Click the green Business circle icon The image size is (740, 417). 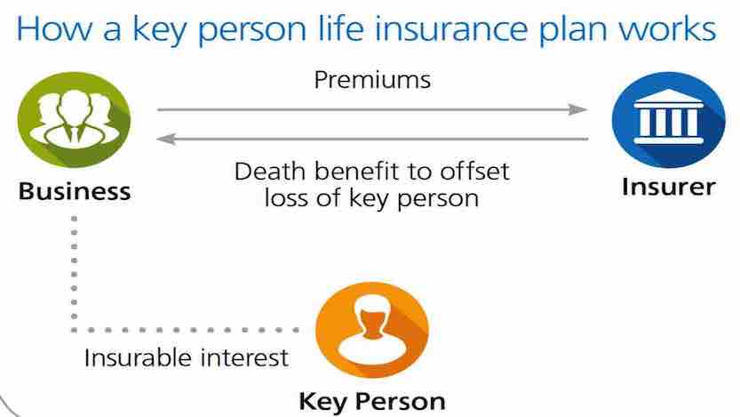[x=74, y=119]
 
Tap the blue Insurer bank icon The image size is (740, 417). [x=668, y=119]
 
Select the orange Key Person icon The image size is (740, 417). [x=372, y=330]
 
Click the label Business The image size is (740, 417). [x=75, y=192]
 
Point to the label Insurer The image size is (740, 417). [x=668, y=187]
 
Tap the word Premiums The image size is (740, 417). [x=372, y=79]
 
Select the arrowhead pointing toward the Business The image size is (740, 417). [x=166, y=139]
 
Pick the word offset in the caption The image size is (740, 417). [x=474, y=171]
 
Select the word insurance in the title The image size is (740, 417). [x=452, y=28]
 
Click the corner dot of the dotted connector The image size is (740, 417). [x=74, y=330]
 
